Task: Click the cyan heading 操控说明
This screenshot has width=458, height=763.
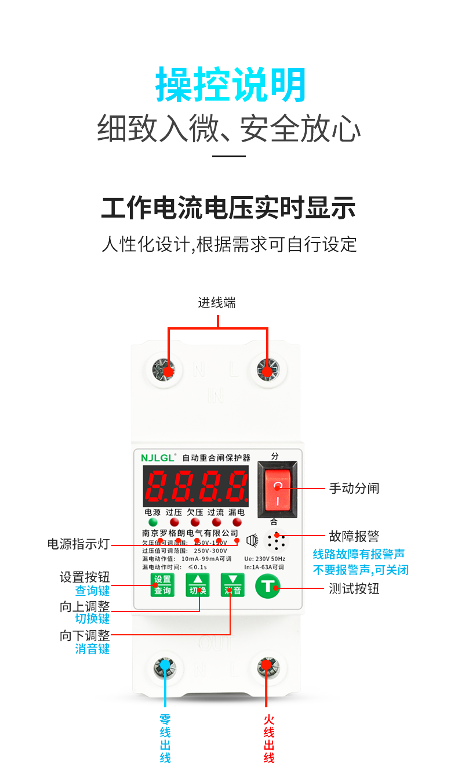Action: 230,85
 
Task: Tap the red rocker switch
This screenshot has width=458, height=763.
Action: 277,489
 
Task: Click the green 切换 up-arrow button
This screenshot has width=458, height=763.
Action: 197,585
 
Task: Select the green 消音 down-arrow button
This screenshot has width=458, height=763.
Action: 232,585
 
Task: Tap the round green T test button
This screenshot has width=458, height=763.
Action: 268,586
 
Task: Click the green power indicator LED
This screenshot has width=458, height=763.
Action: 153,522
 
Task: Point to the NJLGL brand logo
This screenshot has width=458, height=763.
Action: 158,457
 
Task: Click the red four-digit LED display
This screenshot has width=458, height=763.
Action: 196,486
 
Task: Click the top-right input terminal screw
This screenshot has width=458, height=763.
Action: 267,370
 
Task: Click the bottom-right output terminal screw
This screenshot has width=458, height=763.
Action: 266,667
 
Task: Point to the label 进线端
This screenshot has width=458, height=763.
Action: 217,303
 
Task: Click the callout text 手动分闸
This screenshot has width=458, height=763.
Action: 354,489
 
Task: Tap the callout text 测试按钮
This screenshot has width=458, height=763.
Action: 354,588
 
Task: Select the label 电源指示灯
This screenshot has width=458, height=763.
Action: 78,544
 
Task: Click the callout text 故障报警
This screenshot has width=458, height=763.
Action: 354,536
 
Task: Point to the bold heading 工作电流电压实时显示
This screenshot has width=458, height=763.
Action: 228,208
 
